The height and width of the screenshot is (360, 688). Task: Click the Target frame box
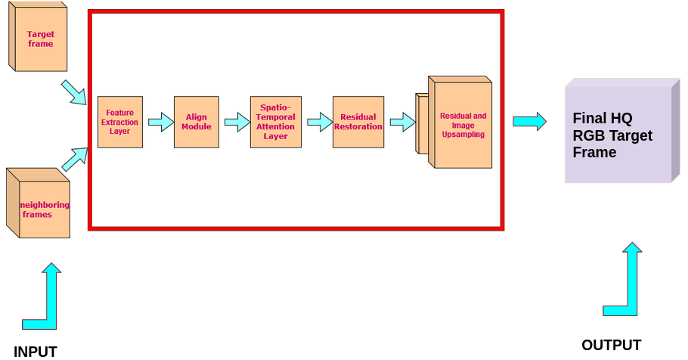pos(40,39)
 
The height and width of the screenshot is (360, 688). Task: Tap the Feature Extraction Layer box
pos(119,122)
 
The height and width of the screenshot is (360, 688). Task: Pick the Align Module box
pos(196,122)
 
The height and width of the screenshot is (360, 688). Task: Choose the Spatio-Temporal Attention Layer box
pos(275,122)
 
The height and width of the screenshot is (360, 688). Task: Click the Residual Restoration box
pos(358,122)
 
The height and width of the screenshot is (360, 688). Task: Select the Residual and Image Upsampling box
pos(462,124)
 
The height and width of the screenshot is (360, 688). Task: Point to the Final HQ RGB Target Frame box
pos(618,135)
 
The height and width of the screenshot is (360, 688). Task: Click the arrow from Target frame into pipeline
pos(74,92)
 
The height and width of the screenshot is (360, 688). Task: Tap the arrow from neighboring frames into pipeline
pos(74,159)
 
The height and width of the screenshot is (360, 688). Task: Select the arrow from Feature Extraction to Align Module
pos(160,122)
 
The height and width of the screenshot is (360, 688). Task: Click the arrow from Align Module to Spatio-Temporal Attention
pos(237,122)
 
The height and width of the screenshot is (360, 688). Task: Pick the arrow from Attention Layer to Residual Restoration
pos(319,122)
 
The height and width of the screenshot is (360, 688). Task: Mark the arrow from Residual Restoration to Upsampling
pos(401,122)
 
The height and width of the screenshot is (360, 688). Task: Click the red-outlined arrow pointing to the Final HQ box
pos(529,121)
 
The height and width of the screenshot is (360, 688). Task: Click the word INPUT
pos(35,351)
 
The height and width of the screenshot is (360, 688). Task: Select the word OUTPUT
pos(611,345)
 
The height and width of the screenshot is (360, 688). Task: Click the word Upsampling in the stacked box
pos(463,135)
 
